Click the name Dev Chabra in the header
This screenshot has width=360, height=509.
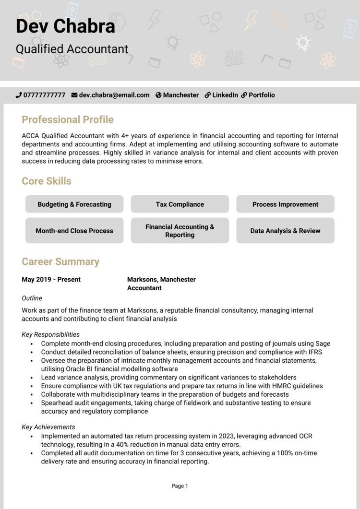[x=65, y=26]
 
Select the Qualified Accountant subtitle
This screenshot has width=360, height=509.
[x=72, y=49]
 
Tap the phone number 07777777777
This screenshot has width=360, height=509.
[x=44, y=95]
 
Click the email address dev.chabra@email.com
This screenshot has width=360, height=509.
[x=114, y=95]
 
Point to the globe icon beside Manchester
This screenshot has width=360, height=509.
[x=158, y=95]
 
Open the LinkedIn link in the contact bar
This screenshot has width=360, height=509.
[x=225, y=95]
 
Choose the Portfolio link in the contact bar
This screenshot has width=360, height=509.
[x=262, y=95]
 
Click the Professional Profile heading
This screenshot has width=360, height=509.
[x=68, y=119]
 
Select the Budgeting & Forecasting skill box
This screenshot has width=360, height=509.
[x=74, y=204]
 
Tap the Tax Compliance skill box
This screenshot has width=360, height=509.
[x=180, y=204]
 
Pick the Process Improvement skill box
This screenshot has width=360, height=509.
[x=285, y=204]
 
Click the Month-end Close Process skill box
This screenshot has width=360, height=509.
[x=74, y=230]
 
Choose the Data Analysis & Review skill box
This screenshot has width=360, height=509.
[x=285, y=230]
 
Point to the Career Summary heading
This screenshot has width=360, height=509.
[x=60, y=261]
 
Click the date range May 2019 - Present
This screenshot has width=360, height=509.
[x=51, y=279]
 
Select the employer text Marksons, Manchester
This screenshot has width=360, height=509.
[x=161, y=279]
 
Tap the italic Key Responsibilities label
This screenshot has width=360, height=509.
[x=51, y=334]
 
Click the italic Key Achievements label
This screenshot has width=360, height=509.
[x=48, y=427]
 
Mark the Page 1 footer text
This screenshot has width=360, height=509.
[x=180, y=486]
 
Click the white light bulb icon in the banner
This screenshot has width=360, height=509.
[x=303, y=43]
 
